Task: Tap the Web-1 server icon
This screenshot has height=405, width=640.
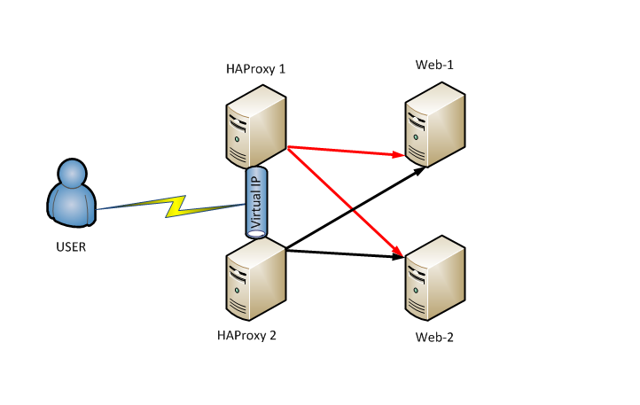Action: click(x=435, y=125)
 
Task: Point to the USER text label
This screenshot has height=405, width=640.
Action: click(x=70, y=246)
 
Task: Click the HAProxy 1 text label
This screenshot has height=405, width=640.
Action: click(x=256, y=68)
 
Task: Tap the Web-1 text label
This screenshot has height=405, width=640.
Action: click(x=434, y=66)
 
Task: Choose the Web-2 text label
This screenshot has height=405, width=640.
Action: click(x=435, y=338)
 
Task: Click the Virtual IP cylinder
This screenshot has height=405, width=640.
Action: click(x=256, y=201)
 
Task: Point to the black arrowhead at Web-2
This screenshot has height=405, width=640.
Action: click(x=399, y=258)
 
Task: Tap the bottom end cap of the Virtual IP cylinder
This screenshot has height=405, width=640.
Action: click(x=256, y=234)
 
